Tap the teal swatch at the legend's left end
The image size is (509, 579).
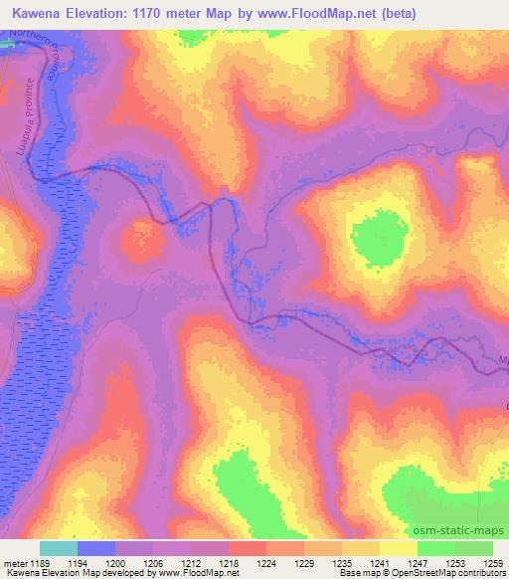(59, 548)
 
